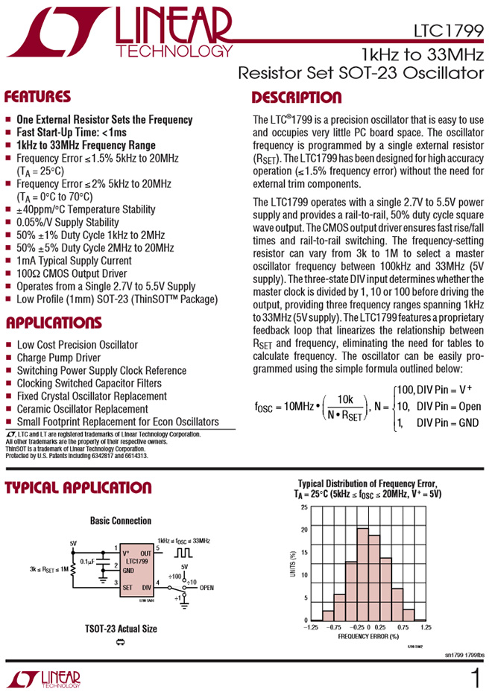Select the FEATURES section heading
[37, 98]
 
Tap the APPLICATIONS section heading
[53, 323]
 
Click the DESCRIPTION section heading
[297, 98]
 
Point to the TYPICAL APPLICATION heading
[78, 488]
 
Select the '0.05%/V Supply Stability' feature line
[68, 222]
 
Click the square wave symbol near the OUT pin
[183, 554]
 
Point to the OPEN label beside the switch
[206, 588]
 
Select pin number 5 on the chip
[158, 548]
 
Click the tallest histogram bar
[363, 574]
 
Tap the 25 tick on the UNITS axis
[303, 507]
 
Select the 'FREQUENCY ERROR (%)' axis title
[368, 638]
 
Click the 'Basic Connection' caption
[121, 521]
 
